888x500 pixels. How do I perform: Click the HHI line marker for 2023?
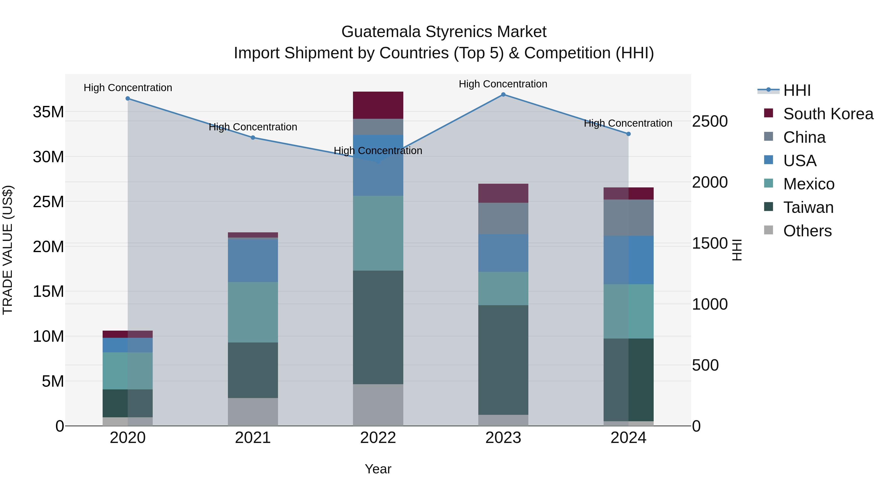click(x=503, y=95)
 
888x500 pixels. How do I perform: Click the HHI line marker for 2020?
click(x=128, y=98)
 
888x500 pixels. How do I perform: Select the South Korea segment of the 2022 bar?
click(x=378, y=105)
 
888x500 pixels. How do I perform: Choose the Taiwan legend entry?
click(x=808, y=207)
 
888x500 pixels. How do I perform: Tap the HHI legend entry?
click(x=797, y=90)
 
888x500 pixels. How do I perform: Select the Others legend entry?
click(x=807, y=231)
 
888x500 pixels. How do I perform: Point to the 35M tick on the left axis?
click(x=48, y=112)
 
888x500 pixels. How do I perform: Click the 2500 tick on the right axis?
click(x=710, y=121)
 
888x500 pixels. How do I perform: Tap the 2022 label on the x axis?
click(x=378, y=438)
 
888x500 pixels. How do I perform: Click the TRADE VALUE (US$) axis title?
click(x=8, y=250)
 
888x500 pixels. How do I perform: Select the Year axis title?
click(x=378, y=469)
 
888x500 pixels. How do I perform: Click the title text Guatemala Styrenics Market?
click(x=444, y=32)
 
